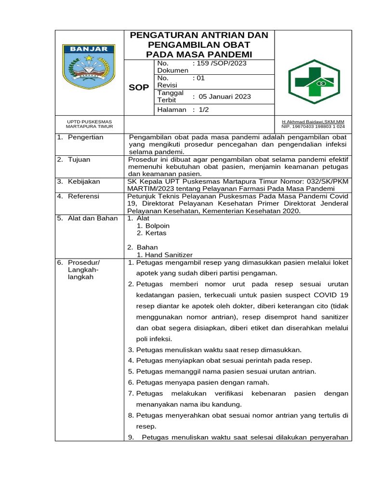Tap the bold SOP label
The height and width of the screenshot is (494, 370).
pos(139,87)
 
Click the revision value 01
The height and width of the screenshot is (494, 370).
pos(201,78)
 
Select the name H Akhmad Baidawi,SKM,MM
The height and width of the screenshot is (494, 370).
pos(313,122)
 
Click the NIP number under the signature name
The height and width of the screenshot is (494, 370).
pos(313,127)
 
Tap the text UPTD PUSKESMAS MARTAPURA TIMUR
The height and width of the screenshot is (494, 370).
pos(89,124)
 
